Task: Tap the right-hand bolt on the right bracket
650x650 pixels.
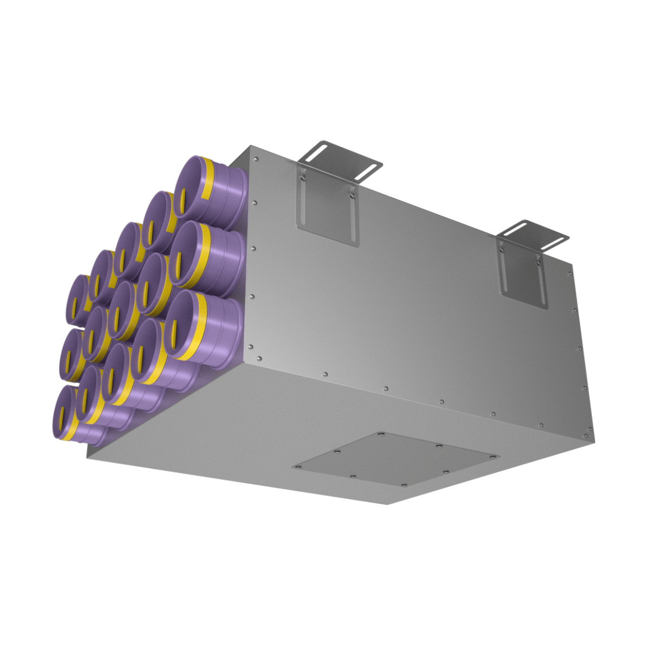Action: coord(538,262)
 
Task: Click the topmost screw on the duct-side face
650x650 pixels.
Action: coord(255,159)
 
